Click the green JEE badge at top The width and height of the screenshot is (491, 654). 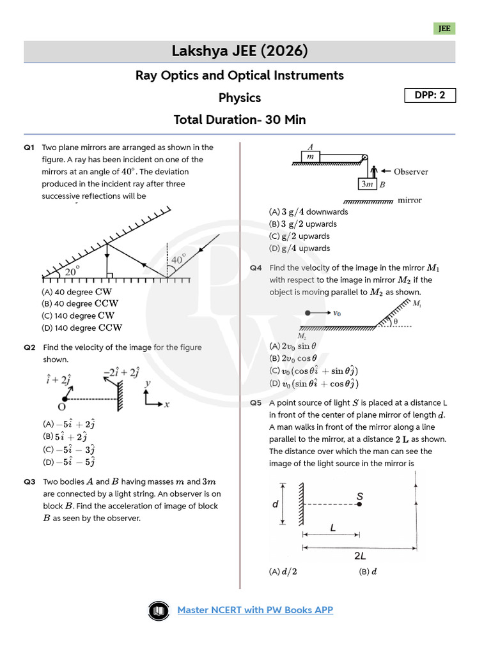tap(444, 29)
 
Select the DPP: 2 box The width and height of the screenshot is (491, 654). tap(430, 96)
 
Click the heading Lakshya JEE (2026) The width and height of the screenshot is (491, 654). tap(240, 51)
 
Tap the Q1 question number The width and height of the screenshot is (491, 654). tap(29, 148)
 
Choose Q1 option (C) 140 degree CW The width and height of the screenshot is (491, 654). tap(78, 316)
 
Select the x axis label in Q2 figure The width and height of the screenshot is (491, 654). tap(167, 404)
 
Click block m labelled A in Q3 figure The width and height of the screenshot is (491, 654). tap(310, 156)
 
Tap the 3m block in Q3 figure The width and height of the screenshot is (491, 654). tap(368, 185)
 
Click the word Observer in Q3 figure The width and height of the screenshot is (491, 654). tap(410, 172)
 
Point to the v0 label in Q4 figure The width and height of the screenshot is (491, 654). tap(338, 313)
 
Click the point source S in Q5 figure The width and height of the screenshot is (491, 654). tap(359, 504)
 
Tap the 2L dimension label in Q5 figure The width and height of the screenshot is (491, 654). tap(360, 556)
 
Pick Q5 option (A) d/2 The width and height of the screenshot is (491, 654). tap(283, 572)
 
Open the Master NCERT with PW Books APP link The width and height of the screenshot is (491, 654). tap(255, 610)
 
